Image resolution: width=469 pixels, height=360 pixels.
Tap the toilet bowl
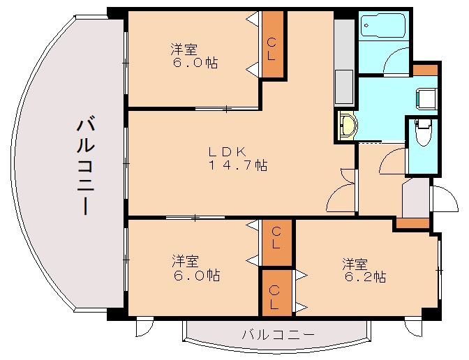(422, 133)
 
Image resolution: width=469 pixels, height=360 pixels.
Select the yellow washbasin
(346, 126)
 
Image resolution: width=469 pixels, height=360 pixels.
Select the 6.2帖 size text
(364, 277)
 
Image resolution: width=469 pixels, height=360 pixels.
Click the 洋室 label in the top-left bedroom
(184, 50)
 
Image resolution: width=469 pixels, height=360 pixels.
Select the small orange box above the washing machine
(424, 70)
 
